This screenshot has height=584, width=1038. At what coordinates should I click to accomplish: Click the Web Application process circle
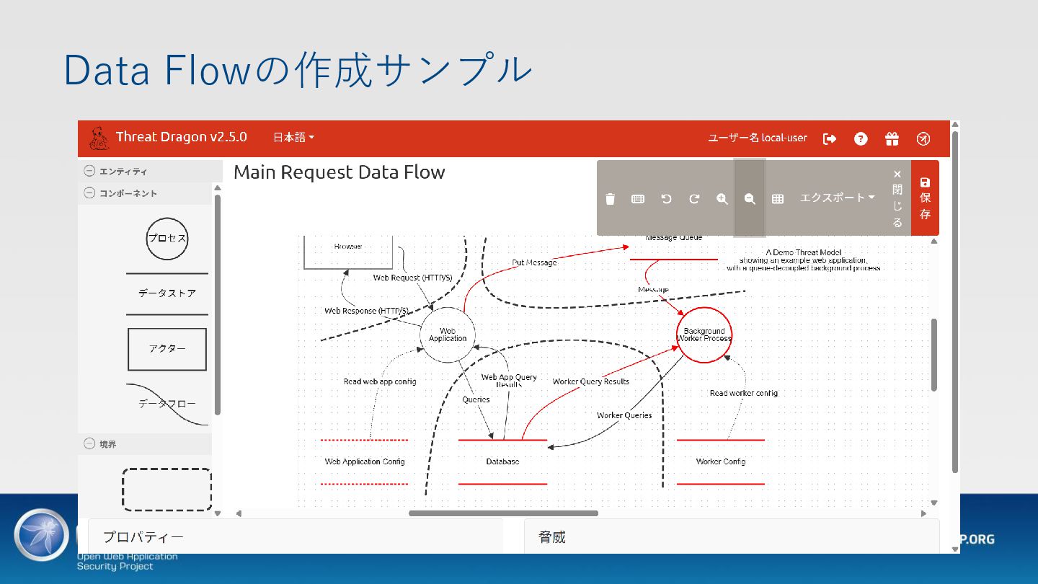pos(448,335)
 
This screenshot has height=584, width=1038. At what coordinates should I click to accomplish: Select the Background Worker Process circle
pos(704,335)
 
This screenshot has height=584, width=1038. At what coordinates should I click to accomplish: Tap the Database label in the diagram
pos(502,461)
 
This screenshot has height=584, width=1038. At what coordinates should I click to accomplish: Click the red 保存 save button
pos(925,198)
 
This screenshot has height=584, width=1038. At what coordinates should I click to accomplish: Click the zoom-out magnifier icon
pos(750,199)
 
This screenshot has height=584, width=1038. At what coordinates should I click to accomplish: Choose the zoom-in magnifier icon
pos(722,199)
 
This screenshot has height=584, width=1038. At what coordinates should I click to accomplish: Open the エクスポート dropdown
pos(836,198)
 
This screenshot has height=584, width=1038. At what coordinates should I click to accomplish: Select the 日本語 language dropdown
pos(293,138)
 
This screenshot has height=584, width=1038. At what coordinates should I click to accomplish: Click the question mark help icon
pos(861,138)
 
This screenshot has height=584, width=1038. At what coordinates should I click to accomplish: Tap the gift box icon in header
pos(892,138)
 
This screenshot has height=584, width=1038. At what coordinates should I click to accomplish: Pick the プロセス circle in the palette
pos(167,239)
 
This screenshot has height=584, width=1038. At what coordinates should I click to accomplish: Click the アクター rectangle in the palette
pos(167,349)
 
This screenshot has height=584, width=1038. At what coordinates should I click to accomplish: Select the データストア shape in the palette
pos(167,293)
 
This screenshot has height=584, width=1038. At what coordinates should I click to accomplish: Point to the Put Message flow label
pos(534,262)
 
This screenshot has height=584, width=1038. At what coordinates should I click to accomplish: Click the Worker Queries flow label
pos(624,415)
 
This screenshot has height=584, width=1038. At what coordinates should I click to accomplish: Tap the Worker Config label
pos(720,461)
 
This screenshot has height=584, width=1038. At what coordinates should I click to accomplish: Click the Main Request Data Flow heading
pos(340,172)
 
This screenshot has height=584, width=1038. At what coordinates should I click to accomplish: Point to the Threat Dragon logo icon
pos(99,138)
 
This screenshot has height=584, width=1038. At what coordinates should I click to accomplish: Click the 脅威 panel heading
pos(552,537)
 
